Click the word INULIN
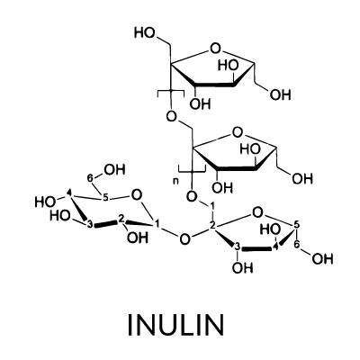pyautogui.click(x=176, y=325)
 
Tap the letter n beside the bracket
pyautogui.click(x=176, y=181)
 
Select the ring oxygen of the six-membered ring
pyautogui.click(x=137, y=195)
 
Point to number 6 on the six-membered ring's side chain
pyautogui.click(x=90, y=178)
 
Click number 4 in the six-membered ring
pyautogui.click(x=69, y=193)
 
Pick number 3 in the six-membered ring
pyautogui.click(x=90, y=225)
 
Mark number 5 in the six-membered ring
pyautogui.click(x=105, y=198)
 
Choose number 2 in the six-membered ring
pyautogui.click(x=121, y=219)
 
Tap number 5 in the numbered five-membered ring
pyautogui.click(x=297, y=224)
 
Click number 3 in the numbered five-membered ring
pyautogui.click(x=238, y=247)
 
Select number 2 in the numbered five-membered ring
pyautogui.click(x=212, y=226)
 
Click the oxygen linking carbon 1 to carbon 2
pyautogui.click(x=184, y=239)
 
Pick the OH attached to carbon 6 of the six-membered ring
pyautogui.click(x=114, y=170)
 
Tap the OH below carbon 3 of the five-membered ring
pyautogui.click(x=243, y=267)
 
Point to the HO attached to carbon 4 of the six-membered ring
pyautogui.click(x=45, y=202)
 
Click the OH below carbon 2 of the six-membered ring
pyautogui.click(x=138, y=238)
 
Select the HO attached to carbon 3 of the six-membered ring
pyautogui.click(x=60, y=216)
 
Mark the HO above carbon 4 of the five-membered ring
pyautogui.click(x=270, y=230)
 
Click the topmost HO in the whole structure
pyautogui.click(x=145, y=32)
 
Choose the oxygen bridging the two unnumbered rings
pyautogui.click(x=171, y=116)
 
